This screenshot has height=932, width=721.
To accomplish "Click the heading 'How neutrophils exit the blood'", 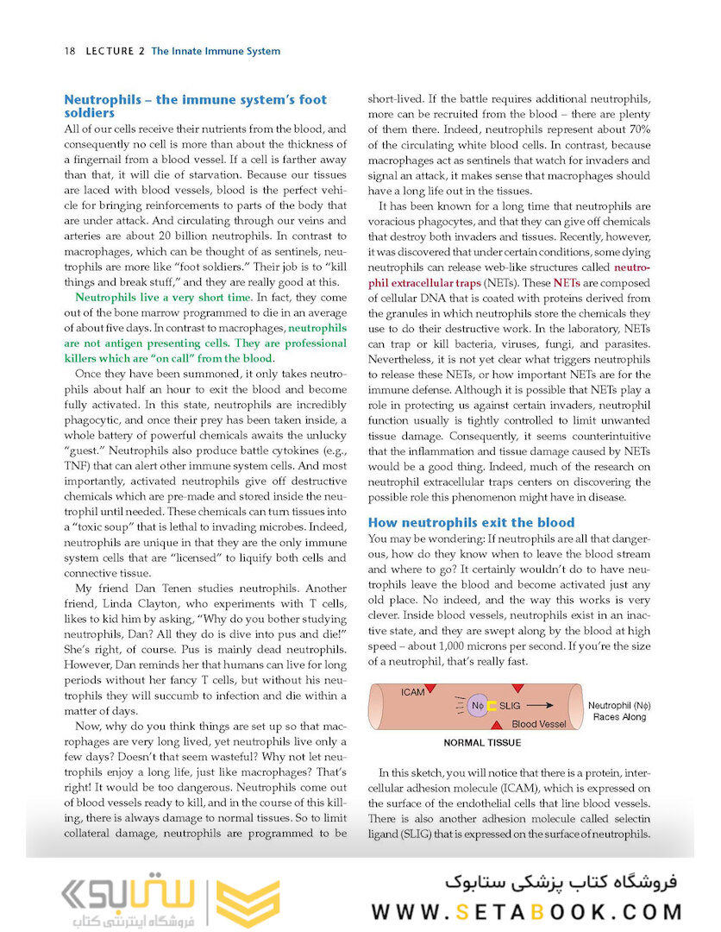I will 471,522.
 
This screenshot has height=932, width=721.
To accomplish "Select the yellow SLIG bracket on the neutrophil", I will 492,704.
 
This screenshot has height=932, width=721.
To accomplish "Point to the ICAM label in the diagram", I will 413,691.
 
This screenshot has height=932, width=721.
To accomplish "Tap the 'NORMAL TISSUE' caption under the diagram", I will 481,742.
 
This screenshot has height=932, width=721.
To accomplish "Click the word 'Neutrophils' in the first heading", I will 99,99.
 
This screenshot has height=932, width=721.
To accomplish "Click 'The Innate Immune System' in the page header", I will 216,51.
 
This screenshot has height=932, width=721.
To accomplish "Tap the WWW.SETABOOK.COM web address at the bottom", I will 528,911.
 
